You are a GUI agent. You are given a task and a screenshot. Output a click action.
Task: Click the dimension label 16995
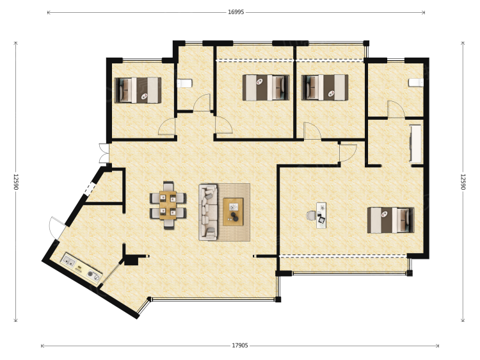coord(236,12)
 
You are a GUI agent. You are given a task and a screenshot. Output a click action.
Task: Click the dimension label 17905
coord(240,346)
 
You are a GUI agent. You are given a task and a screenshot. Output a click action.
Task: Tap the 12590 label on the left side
coord(16,182)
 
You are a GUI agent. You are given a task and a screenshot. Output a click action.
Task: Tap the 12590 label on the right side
coord(463,182)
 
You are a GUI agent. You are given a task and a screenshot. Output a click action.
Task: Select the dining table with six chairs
coord(168,205)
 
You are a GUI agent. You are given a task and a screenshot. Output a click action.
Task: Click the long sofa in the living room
coord(208,212)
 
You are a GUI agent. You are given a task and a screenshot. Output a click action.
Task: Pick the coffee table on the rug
coord(233,212)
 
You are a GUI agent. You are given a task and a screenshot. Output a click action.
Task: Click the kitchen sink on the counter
coord(68,261)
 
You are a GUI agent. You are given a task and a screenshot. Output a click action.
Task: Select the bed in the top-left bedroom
coord(138,90)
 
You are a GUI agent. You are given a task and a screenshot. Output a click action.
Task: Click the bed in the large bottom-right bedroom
coord(390,220)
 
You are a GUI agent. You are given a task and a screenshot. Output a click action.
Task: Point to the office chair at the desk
coord(311,215)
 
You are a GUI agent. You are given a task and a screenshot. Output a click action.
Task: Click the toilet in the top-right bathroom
coord(416,83)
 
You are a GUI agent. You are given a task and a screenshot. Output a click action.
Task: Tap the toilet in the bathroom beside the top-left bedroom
coord(184,83)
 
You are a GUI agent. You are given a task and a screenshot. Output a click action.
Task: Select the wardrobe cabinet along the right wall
coord(416,143)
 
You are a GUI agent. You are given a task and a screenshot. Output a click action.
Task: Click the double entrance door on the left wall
coord(104,153)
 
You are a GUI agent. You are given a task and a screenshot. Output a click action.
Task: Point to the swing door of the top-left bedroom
coord(167,127)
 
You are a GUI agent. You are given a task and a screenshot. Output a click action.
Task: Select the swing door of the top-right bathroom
coord(396,109)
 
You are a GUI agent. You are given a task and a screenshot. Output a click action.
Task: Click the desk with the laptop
coord(321,215)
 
